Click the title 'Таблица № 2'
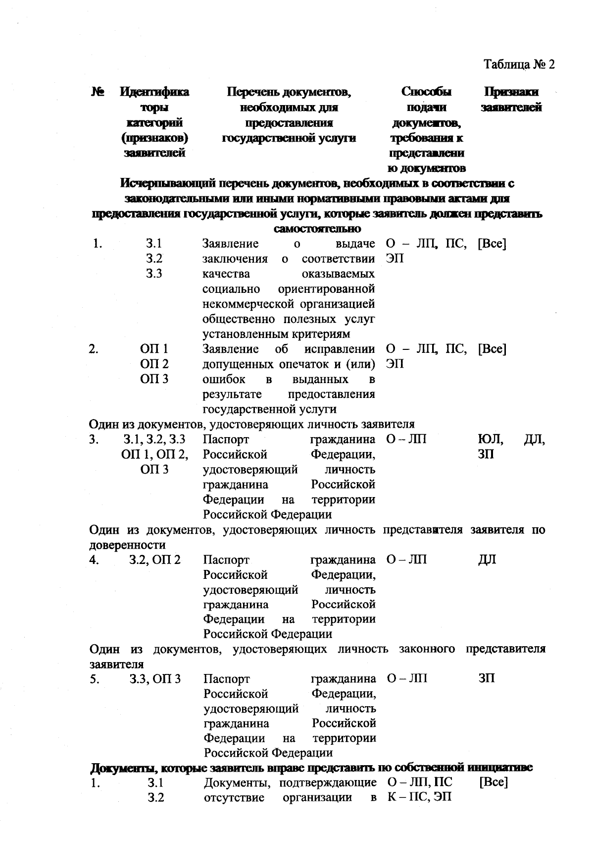519,65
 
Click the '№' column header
98,92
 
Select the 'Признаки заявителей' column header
511,100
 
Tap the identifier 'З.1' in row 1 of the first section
154,244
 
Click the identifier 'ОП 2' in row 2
154,364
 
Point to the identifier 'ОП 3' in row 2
154,379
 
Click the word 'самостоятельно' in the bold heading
317,229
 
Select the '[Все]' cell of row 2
492,349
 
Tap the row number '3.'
95,440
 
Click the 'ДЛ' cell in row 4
487,560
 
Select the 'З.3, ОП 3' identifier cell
155,679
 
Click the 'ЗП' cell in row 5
487,679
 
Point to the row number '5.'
95,679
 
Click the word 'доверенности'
127,545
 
